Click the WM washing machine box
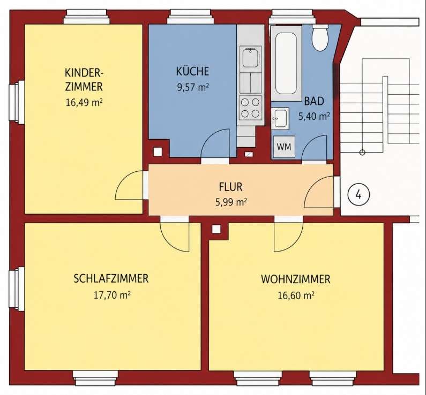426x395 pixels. coord(284,147)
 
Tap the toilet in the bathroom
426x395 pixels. coord(320,37)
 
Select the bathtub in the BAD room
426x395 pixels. coord(286,63)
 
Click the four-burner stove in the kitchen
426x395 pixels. coord(250,108)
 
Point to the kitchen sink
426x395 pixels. coord(250,57)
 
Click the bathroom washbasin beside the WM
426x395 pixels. coord(280,118)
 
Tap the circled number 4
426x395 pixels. coord(359,194)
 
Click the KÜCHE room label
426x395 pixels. coord(192,71)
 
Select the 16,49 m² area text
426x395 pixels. coord(84,103)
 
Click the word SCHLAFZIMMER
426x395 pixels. coord(111,279)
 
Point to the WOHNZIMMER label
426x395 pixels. coord(296,279)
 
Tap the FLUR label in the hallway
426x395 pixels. coord(230,187)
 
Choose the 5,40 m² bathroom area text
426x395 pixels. coord(314,116)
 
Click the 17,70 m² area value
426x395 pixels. coord(112,294)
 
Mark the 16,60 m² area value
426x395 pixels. coord(296,295)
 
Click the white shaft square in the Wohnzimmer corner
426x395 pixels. coord(216,229)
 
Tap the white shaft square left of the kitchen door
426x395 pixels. coord(158,151)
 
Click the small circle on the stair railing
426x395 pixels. coord(362,152)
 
